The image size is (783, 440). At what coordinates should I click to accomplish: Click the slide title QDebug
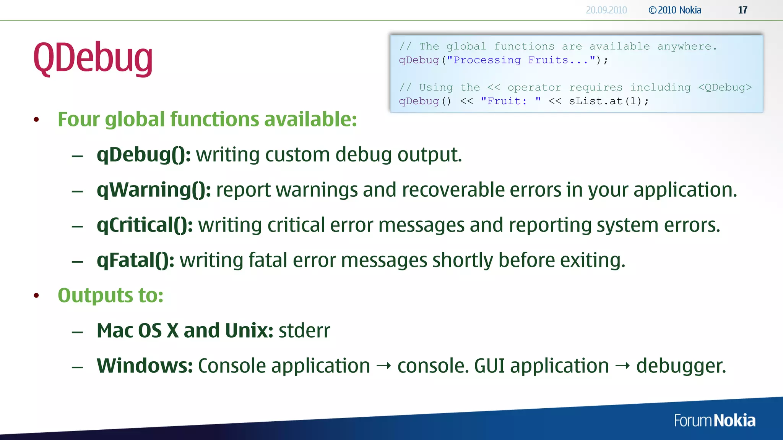tap(93, 58)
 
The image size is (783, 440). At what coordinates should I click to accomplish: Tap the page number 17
tap(742, 10)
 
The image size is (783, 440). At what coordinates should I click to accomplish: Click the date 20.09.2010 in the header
tap(606, 10)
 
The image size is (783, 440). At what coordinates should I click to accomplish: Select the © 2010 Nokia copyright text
tap(675, 10)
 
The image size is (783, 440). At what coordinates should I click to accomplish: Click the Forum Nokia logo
tap(714, 421)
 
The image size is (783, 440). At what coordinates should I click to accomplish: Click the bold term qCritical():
tap(145, 225)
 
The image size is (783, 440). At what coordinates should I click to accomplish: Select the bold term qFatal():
tap(135, 260)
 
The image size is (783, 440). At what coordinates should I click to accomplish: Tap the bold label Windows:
tap(145, 366)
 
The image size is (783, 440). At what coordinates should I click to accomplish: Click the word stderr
tap(304, 331)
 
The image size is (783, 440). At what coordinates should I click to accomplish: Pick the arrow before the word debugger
tap(622, 366)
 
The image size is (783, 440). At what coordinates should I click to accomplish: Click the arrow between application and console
tap(383, 366)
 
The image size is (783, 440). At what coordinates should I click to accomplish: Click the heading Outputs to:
tap(110, 296)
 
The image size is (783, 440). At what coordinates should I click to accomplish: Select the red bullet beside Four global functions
tap(36, 120)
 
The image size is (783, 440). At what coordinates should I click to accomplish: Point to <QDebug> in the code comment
tap(725, 87)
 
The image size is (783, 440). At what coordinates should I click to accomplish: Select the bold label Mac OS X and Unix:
tap(185, 331)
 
